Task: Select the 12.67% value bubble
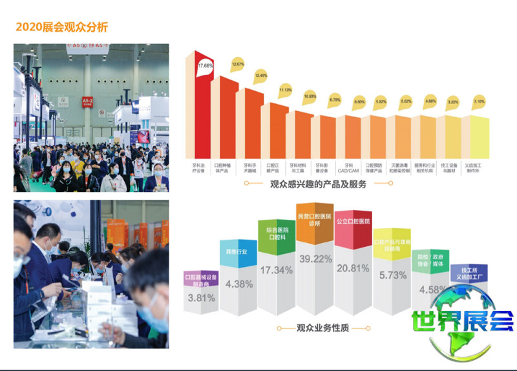tap(238, 65)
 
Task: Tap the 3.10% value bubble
tap(478, 102)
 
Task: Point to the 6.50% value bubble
tap(359, 102)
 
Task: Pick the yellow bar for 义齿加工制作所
tap(479, 139)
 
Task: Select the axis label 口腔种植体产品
tap(226, 169)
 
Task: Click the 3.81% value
tap(200, 298)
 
